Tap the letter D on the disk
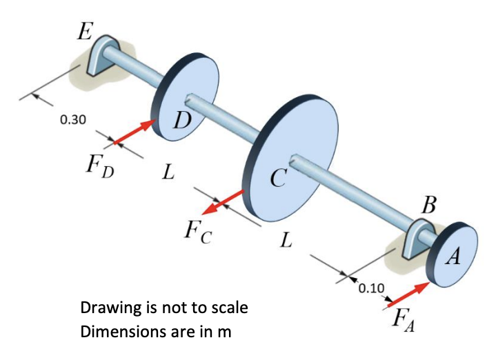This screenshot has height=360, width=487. [182, 120]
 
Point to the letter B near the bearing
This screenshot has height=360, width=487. [428, 205]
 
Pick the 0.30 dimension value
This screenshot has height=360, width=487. [72, 119]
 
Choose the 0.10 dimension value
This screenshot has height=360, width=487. [372, 288]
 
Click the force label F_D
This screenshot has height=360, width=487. [97, 168]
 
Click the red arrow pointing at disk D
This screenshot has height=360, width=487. [135, 132]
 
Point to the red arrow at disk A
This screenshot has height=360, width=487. [407, 292]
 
